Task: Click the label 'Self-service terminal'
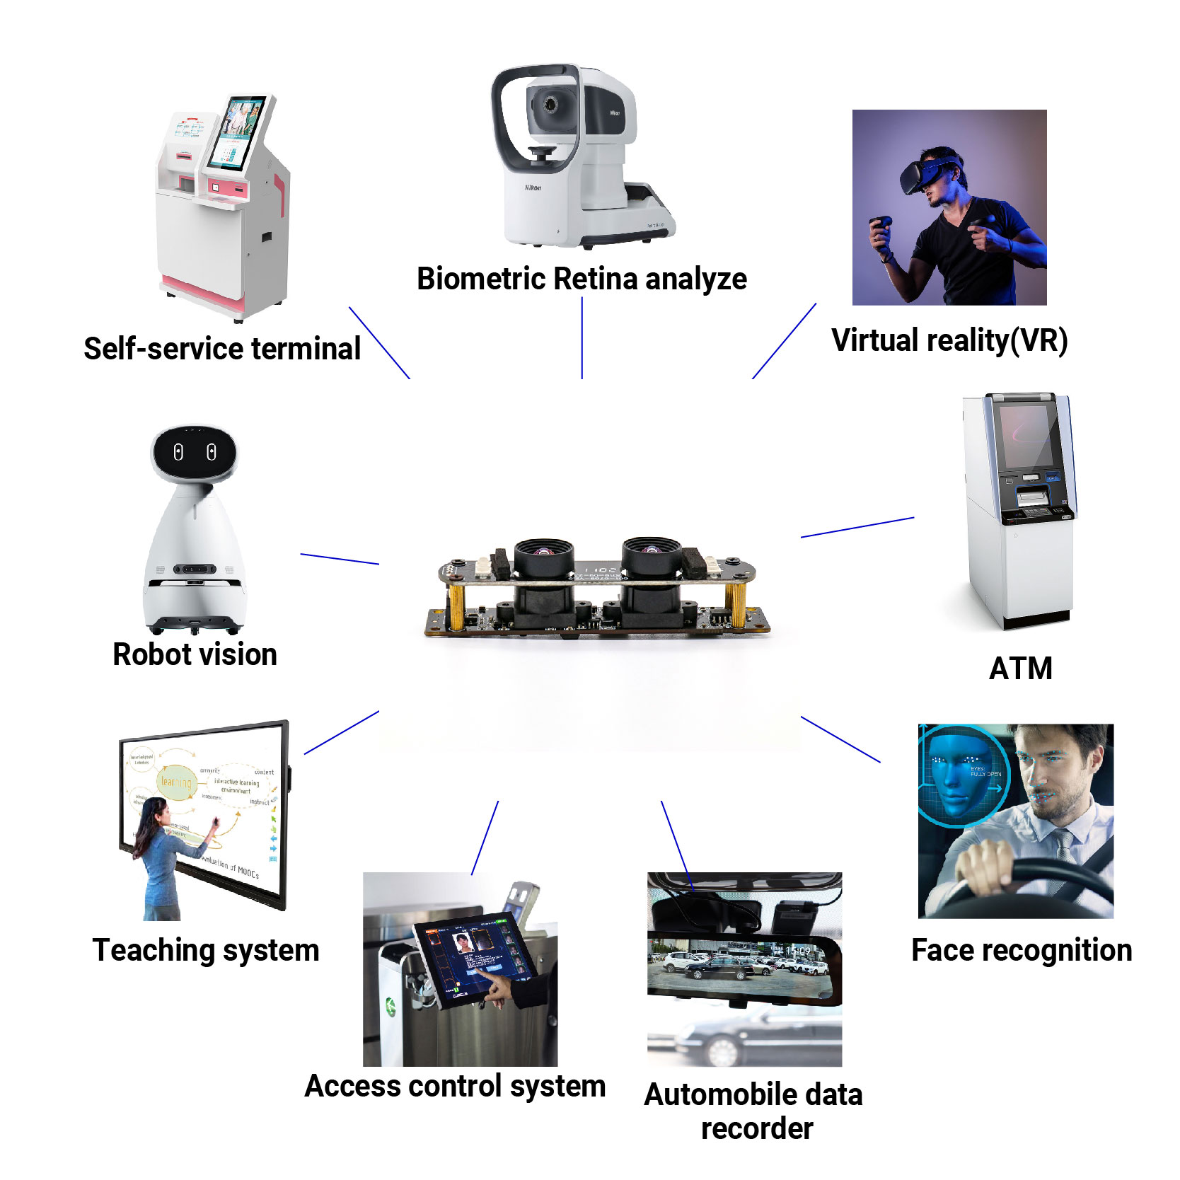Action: click(x=222, y=349)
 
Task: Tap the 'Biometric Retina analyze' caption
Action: click(x=582, y=279)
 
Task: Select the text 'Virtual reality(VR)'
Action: click(x=949, y=340)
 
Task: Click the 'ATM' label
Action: click(x=1020, y=669)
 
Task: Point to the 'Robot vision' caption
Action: click(x=195, y=654)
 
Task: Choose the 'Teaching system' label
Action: click(x=206, y=950)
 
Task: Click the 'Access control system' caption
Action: click(x=455, y=1086)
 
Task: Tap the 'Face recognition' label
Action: click(x=1021, y=950)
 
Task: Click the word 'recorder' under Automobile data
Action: click(x=756, y=1128)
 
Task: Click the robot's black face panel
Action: click(x=195, y=452)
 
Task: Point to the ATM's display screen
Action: click(x=1026, y=434)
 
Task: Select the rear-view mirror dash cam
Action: click(x=743, y=966)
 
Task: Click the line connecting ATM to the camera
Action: click(x=857, y=527)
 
